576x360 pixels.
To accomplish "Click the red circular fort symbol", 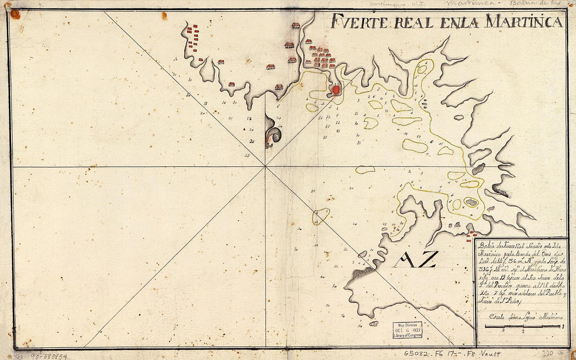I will [336, 91].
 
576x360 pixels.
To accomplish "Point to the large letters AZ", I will [415, 260].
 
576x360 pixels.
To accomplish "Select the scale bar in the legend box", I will [523, 327].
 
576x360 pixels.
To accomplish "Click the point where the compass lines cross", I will [265, 166].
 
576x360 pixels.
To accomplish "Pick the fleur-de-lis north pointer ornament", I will [273, 133].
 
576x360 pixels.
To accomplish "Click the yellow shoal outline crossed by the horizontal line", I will [365, 170].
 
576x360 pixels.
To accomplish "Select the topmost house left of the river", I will [296, 25].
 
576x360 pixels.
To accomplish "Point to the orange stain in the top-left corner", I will [15, 14].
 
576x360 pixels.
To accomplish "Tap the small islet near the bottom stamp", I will [373, 323].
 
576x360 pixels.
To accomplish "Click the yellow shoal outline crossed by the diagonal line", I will [320, 215].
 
